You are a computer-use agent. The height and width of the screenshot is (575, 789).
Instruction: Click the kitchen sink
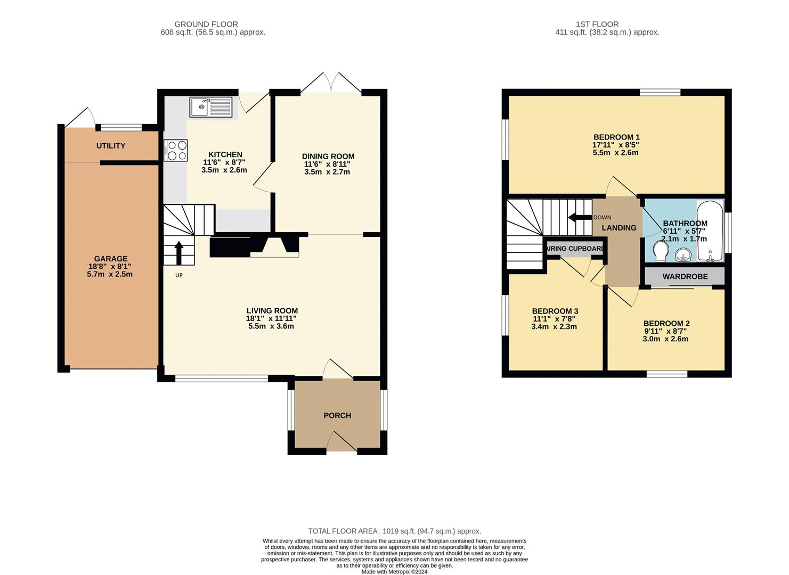tap(211, 107)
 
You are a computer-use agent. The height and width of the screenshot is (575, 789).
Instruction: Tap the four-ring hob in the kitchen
tap(176, 150)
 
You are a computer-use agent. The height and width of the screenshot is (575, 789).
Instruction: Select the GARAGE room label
tap(111, 259)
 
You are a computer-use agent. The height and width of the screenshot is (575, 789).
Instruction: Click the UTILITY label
tap(111, 146)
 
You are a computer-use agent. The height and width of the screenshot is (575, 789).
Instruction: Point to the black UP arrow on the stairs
tap(178, 252)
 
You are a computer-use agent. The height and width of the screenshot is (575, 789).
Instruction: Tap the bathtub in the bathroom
tap(710, 231)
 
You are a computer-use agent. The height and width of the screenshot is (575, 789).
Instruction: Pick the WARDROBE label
tap(685, 276)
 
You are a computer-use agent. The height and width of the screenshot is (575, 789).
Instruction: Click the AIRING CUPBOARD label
tap(575, 249)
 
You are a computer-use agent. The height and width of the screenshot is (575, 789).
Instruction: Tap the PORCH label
tap(337, 415)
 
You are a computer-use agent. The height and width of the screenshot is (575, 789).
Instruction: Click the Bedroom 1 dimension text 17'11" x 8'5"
tap(615, 145)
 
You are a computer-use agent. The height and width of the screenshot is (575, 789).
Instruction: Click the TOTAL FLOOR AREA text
tap(394, 531)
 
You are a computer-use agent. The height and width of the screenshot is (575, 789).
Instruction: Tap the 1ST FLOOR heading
tap(597, 24)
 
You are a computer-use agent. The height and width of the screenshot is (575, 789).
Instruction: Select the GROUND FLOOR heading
tap(206, 24)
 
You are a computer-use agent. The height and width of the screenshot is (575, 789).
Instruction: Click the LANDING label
tap(619, 228)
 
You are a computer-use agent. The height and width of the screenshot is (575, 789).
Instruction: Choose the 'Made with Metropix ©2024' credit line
tap(394, 571)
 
